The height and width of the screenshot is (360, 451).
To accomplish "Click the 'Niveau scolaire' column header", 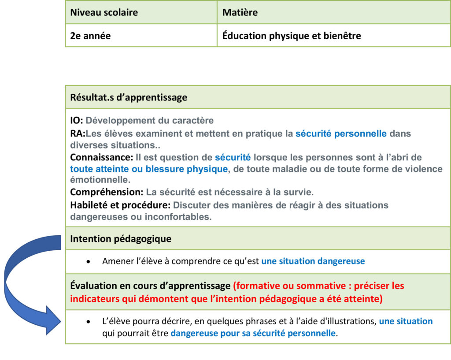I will pos(104,12).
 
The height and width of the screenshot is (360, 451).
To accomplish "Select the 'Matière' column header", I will pos(240,12).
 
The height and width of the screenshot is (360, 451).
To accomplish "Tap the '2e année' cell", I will pos(90,36).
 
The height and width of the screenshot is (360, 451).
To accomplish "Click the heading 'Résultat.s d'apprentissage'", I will pos(129,97).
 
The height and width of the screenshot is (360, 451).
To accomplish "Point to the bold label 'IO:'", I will pos(77,120).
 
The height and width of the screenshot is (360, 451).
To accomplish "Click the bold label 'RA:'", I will pos(78,134).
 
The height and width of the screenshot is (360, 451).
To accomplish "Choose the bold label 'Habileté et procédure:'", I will pos(120,205).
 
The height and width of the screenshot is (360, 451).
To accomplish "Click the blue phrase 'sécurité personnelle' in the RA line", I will pos(341,134).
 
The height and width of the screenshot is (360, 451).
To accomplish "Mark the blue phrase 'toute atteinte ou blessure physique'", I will pos(149,168).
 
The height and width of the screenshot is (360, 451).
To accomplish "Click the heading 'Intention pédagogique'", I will pos(121,239).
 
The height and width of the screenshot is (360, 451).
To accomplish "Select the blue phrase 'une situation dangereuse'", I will pos(313,261).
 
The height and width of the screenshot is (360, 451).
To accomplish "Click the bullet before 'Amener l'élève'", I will pos(89,261).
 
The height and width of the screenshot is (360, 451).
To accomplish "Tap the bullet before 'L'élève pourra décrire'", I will pos(89,322).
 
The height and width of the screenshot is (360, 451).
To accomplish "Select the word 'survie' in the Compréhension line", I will pos(299,192).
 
